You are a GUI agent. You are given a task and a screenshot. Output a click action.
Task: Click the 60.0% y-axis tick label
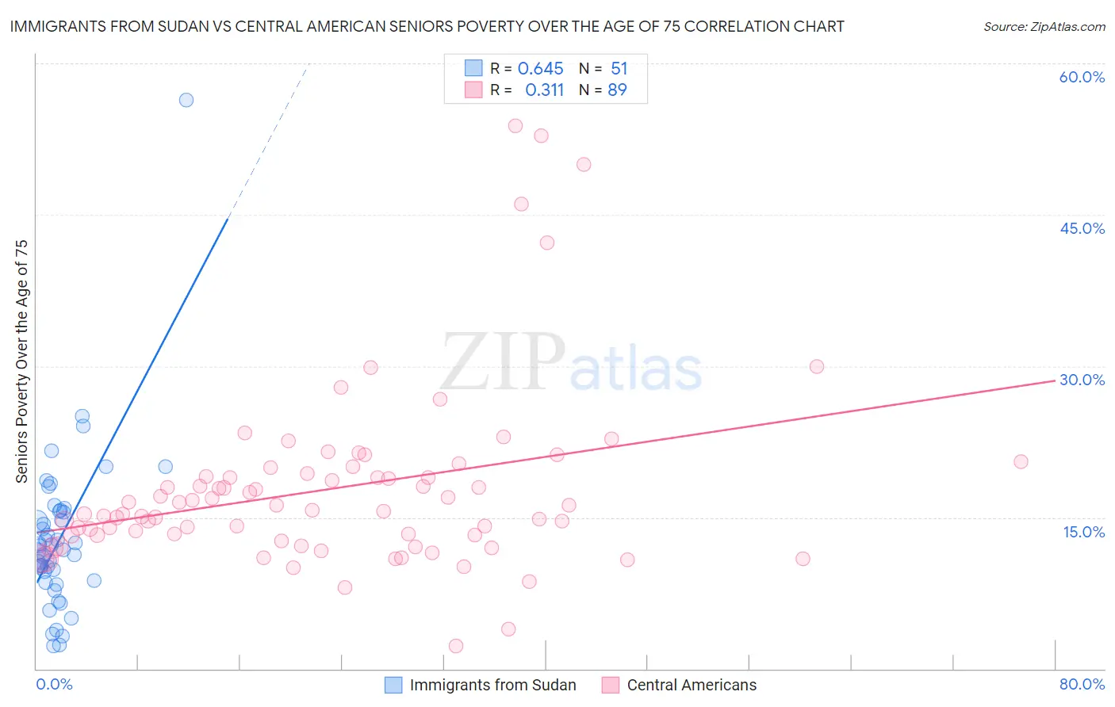1082,77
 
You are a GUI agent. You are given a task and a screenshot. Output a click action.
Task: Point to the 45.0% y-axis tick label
1082,228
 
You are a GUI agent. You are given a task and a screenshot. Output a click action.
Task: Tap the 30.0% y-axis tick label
1082,380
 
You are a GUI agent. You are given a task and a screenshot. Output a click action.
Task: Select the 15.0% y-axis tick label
1083,531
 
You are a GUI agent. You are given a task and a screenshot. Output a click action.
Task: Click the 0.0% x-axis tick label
54,684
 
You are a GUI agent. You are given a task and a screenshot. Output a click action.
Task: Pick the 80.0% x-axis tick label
1082,684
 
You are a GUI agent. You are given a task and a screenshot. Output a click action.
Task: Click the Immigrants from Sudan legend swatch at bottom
393,685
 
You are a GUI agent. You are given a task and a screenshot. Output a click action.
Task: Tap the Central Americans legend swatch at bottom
610,685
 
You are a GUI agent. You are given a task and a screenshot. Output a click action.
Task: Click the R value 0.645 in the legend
540,69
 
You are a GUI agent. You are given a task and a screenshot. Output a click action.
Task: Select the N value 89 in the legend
617,90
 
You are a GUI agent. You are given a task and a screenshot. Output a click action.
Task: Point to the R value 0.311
544,90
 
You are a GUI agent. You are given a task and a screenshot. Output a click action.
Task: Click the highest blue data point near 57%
186,100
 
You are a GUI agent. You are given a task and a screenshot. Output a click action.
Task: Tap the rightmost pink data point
1021,461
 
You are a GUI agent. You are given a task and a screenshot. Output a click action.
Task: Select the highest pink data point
515,125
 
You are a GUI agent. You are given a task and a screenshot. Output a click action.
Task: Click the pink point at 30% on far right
817,366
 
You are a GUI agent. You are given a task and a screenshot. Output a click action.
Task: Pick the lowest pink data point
456,646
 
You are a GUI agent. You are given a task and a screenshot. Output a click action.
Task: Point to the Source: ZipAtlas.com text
1044,27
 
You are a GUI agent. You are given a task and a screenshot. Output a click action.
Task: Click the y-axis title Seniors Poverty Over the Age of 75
22,361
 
